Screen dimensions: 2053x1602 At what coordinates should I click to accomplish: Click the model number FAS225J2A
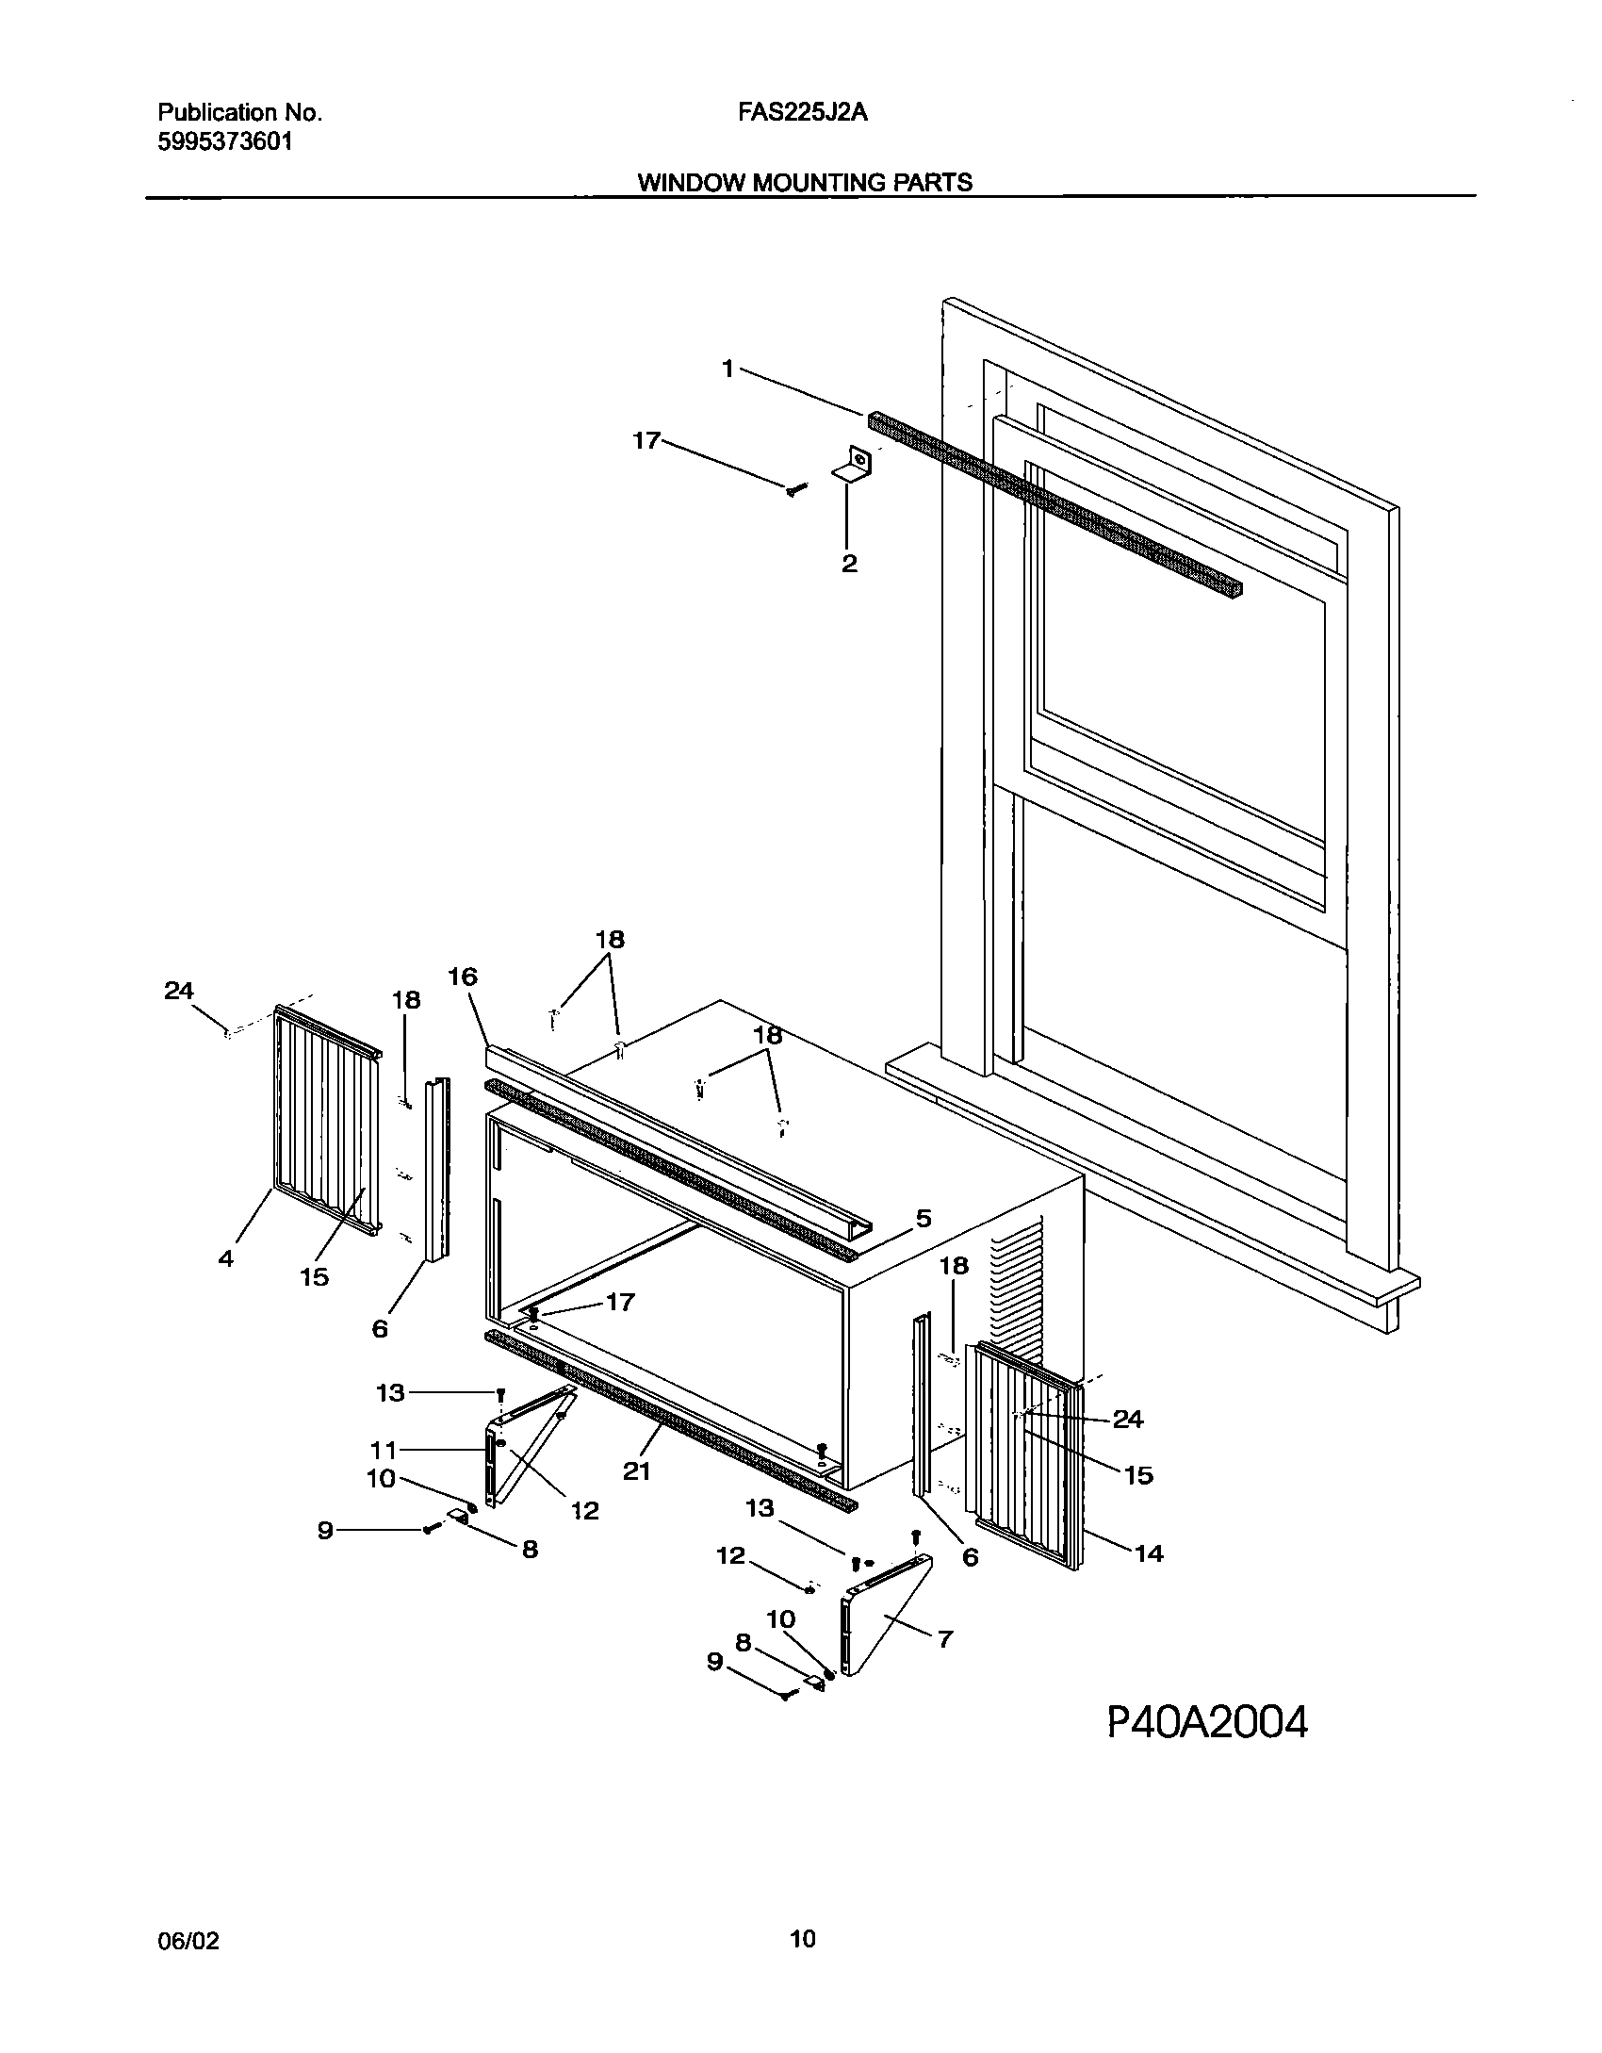click(x=802, y=113)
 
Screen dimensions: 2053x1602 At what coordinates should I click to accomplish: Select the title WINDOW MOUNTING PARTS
click(x=805, y=182)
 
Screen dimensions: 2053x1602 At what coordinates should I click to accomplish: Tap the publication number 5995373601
click(x=224, y=142)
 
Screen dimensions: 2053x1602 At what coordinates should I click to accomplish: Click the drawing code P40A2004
click(x=1207, y=1723)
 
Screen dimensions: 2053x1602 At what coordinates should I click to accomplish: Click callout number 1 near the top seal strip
click(x=727, y=370)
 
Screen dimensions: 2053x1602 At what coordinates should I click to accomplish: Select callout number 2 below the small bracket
click(x=849, y=564)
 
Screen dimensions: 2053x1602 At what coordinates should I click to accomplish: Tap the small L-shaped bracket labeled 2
click(x=854, y=466)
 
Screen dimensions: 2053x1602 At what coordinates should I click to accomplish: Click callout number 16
click(x=462, y=977)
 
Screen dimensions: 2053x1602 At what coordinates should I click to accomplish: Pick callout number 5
click(x=923, y=1218)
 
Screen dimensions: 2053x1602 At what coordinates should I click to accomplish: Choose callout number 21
click(x=637, y=1470)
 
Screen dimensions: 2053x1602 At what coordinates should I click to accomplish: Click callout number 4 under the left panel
click(x=226, y=1257)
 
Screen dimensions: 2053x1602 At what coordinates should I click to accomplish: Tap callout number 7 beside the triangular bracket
click(x=945, y=1638)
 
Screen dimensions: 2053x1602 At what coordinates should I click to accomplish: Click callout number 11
click(x=384, y=1450)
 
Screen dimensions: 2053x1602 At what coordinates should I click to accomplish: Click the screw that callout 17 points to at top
click(x=795, y=489)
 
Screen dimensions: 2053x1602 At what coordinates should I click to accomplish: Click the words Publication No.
click(x=239, y=113)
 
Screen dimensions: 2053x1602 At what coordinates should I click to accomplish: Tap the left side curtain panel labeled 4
click(x=325, y=1122)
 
